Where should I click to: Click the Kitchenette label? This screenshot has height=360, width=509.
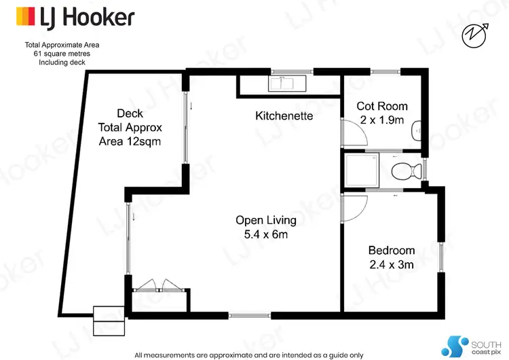point(284,116)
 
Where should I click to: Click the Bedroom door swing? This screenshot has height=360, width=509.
point(355,208)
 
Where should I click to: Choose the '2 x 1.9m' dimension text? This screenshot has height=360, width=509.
point(382,121)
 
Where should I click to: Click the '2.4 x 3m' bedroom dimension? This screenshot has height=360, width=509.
point(391,264)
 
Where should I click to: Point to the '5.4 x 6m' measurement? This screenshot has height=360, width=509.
point(266,234)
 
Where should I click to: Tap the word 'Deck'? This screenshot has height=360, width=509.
point(130,113)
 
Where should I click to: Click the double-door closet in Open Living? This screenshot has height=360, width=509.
point(157,287)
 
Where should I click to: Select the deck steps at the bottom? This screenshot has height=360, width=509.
point(107,314)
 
